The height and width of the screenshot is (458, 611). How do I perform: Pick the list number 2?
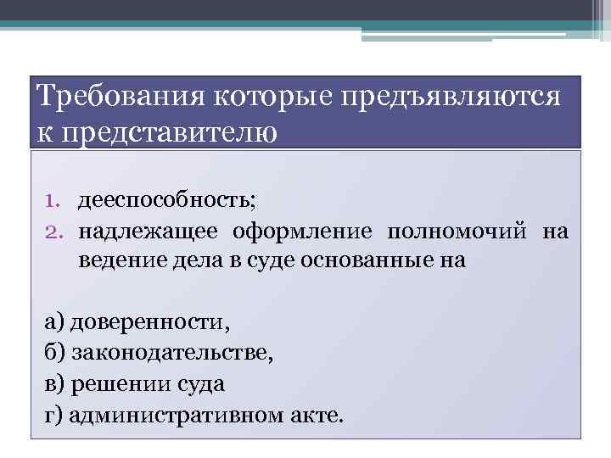point(53,232)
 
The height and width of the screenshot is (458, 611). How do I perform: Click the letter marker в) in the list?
point(53,383)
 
